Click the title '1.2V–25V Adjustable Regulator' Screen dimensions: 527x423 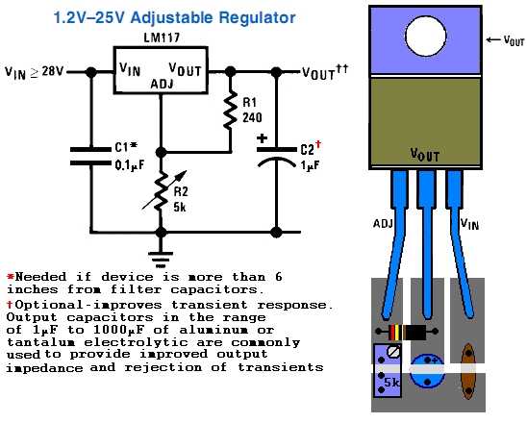tap(174, 18)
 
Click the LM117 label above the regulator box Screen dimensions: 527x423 tap(162, 37)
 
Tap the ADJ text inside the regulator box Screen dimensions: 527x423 tap(162, 84)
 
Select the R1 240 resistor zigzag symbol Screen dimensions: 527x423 tap(230, 110)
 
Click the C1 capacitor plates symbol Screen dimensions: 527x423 tap(90, 157)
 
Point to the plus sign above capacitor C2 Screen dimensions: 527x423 tap(262, 138)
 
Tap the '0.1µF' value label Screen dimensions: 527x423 tap(130, 165)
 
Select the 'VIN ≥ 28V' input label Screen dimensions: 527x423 tap(35, 72)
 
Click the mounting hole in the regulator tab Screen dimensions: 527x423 tap(426, 36)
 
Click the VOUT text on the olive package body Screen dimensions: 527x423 tap(425, 155)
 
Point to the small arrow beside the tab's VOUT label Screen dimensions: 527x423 tap(493, 40)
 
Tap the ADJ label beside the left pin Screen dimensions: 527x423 tap(383, 223)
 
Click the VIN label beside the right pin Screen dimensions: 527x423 tap(469, 224)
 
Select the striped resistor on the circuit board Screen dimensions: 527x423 tap(407, 332)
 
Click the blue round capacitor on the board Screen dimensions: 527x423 tap(427, 371)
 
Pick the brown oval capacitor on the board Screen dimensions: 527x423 tap(467, 372)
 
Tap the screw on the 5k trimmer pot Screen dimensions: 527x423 tap(393, 352)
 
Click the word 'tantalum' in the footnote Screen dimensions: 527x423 tap(41, 342)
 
